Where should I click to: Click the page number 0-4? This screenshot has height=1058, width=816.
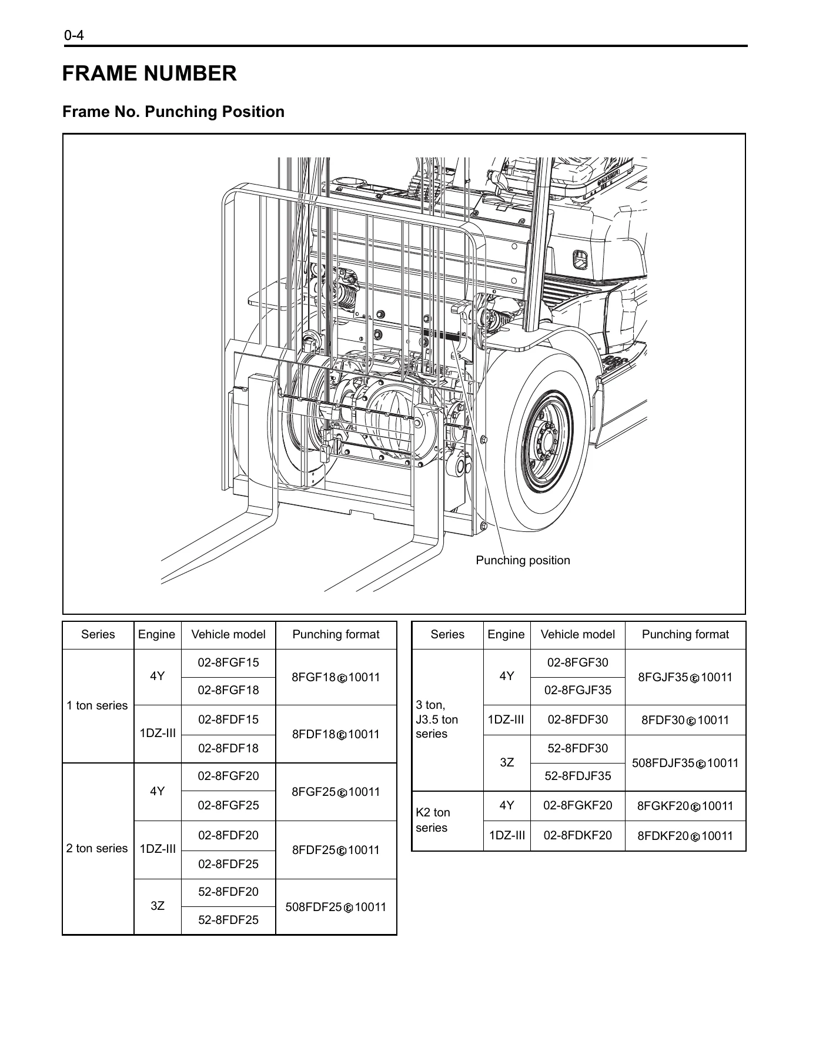pyautogui.click(x=75, y=36)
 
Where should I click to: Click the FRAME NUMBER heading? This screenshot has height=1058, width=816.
pyautogui.click(x=149, y=73)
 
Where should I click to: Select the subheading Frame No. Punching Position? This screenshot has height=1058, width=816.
pyautogui.click(x=173, y=112)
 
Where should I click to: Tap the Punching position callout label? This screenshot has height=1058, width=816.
pyautogui.click(x=523, y=560)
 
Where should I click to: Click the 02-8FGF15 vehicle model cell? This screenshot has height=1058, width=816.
pyautogui.click(x=228, y=662)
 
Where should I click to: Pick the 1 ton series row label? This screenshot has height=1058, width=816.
pyautogui.click(x=97, y=705)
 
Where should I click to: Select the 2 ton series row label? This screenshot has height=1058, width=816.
pyautogui.click(x=97, y=848)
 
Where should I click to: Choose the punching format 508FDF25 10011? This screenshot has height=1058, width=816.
pyautogui.click(x=336, y=907)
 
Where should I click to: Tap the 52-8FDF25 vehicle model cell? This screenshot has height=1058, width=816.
pyautogui.click(x=228, y=920)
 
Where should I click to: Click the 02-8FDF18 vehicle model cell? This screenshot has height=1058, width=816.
pyautogui.click(x=228, y=748)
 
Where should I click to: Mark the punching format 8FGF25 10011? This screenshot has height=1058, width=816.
pyautogui.click(x=336, y=792)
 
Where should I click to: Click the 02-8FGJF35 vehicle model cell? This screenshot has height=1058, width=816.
pyautogui.click(x=577, y=690)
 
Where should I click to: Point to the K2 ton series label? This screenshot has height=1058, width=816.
pyautogui.click(x=433, y=820)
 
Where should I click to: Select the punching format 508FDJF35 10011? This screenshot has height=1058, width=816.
pyautogui.click(x=685, y=764)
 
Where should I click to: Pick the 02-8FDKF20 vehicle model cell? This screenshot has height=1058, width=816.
pyautogui.click(x=577, y=835)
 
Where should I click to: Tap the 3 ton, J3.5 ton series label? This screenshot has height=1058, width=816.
pyautogui.click(x=437, y=719)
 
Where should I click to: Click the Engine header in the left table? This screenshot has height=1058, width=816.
pyautogui.click(x=156, y=634)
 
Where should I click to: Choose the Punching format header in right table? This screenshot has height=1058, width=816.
pyautogui.click(x=685, y=634)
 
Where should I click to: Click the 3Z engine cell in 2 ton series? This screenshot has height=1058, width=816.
pyautogui.click(x=157, y=906)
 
